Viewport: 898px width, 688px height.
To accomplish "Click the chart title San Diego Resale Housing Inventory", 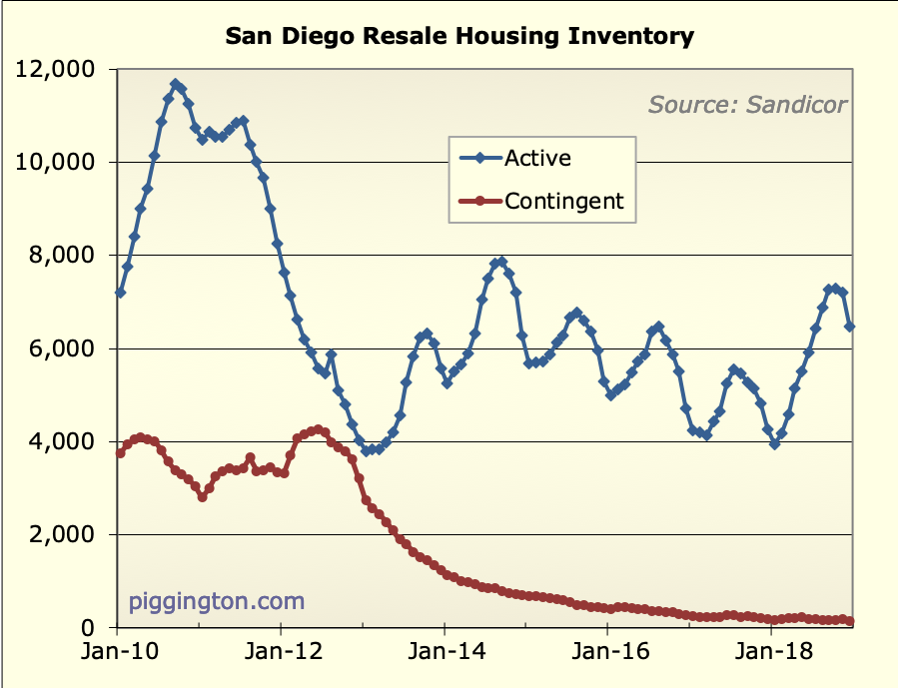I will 459,37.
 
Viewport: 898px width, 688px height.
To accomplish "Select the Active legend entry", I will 537,158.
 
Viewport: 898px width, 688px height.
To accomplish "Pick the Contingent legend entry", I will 564,201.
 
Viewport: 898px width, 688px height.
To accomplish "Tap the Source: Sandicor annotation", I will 748,104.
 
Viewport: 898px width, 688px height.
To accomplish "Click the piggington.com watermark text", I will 217,601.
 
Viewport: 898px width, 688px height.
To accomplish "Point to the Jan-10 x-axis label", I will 118,653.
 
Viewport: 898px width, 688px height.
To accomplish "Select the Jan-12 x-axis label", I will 281,653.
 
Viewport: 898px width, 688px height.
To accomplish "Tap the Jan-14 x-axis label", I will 444,653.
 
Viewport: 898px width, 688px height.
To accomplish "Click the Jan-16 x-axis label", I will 606,653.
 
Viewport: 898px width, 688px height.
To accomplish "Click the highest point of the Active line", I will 175,84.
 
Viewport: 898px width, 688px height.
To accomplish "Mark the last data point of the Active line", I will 850,327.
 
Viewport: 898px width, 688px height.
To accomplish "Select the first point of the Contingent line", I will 120,453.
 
